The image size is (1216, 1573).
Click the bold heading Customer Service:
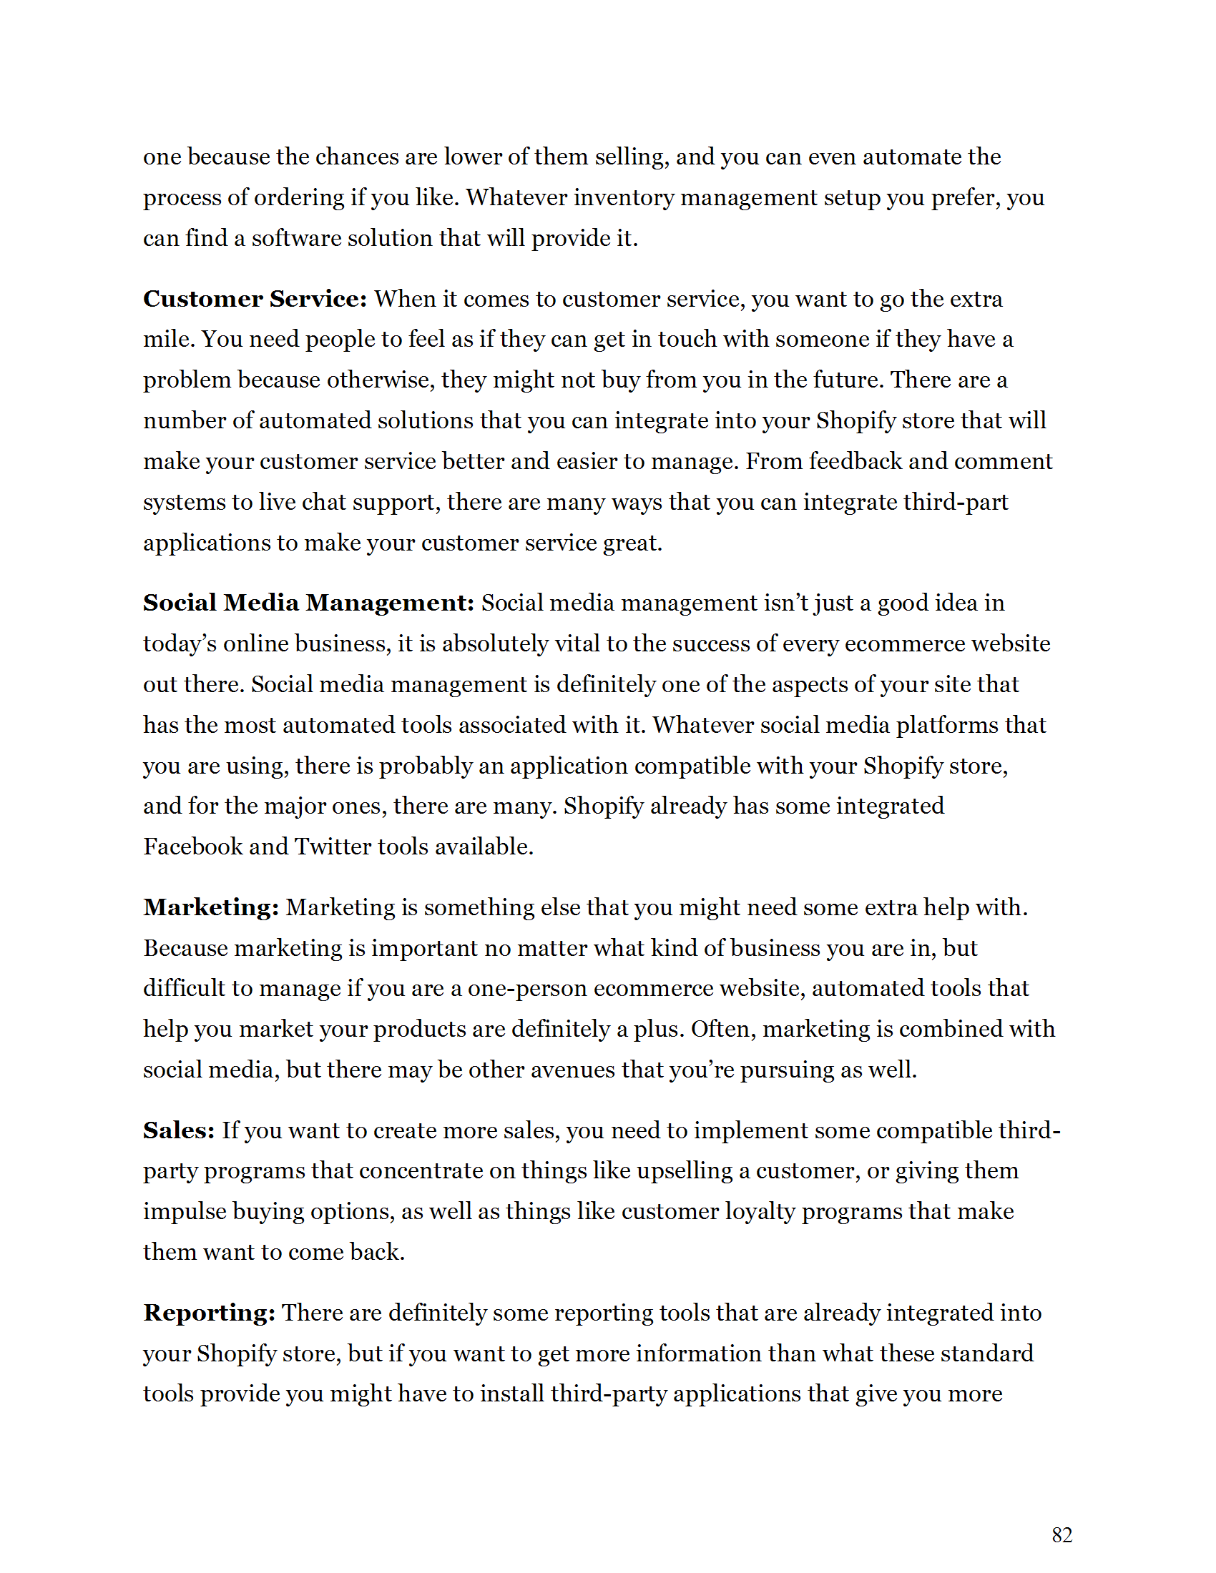pos(255,299)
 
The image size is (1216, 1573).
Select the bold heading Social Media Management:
pos(308,603)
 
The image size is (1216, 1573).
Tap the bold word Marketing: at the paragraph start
pos(211,907)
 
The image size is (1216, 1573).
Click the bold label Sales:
pos(179,1130)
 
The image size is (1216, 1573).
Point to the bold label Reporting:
pos(209,1313)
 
